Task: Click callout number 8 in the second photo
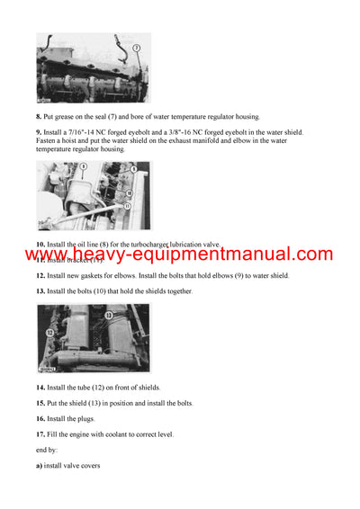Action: tap(58, 167)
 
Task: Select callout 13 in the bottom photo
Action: tap(107, 316)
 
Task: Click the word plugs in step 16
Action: tap(86, 418)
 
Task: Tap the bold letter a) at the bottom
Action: tap(40, 465)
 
